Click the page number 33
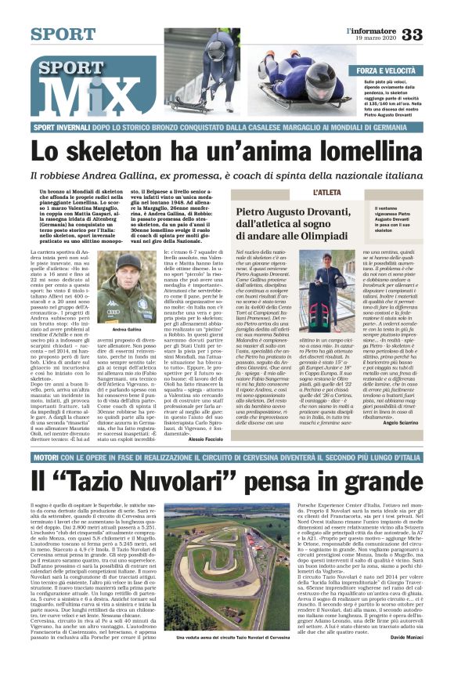pos(433,34)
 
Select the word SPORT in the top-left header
pos(63,34)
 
